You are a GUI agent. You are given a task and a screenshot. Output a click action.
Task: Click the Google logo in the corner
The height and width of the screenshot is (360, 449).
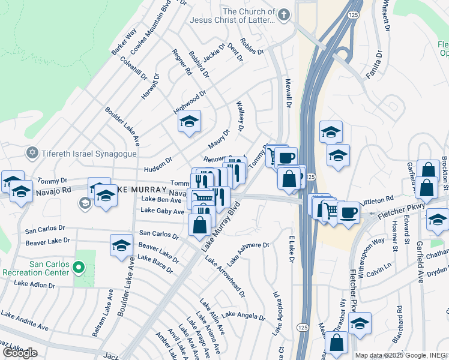click(20, 352)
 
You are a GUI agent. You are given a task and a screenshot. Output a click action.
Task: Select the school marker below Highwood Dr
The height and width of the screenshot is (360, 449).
click(188, 122)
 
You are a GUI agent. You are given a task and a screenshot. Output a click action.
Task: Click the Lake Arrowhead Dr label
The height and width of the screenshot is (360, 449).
click(224, 276)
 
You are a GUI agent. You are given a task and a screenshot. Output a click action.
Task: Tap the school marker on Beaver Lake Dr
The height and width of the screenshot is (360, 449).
click(121, 246)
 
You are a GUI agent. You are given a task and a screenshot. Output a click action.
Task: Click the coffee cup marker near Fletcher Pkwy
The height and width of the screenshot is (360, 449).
click(348, 212)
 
